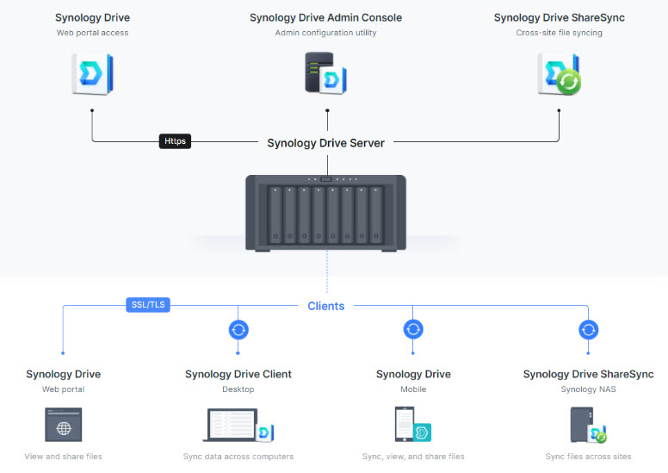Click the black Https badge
point(175,140)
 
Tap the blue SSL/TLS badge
point(148,304)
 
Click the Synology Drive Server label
point(325,143)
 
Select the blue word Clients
point(326,306)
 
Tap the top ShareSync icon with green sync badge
point(559,74)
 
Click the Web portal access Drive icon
point(92,73)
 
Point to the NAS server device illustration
point(325,209)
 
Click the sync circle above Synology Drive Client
point(238,330)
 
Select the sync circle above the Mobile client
point(413,330)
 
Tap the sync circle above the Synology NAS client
point(588,330)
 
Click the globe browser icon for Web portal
point(63,426)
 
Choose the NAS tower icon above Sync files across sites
point(588,426)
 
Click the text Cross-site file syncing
point(559,33)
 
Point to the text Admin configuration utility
point(325,33)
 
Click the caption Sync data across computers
point(238,457)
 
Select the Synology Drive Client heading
point(238,374)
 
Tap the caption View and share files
point(63,457)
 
